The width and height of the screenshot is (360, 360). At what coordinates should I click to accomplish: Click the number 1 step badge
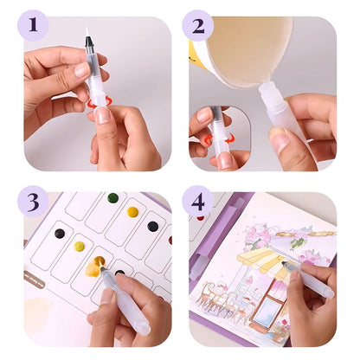34,25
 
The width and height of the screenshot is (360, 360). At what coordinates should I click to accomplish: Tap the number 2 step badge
197,25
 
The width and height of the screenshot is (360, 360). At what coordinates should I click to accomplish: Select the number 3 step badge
34,202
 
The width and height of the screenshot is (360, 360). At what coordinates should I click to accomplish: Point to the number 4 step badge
197,202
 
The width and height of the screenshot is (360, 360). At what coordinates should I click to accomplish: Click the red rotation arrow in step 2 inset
208,139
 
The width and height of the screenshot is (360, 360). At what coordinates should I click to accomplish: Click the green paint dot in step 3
112,198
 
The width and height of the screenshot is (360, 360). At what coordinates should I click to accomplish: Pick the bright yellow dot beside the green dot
132,211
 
